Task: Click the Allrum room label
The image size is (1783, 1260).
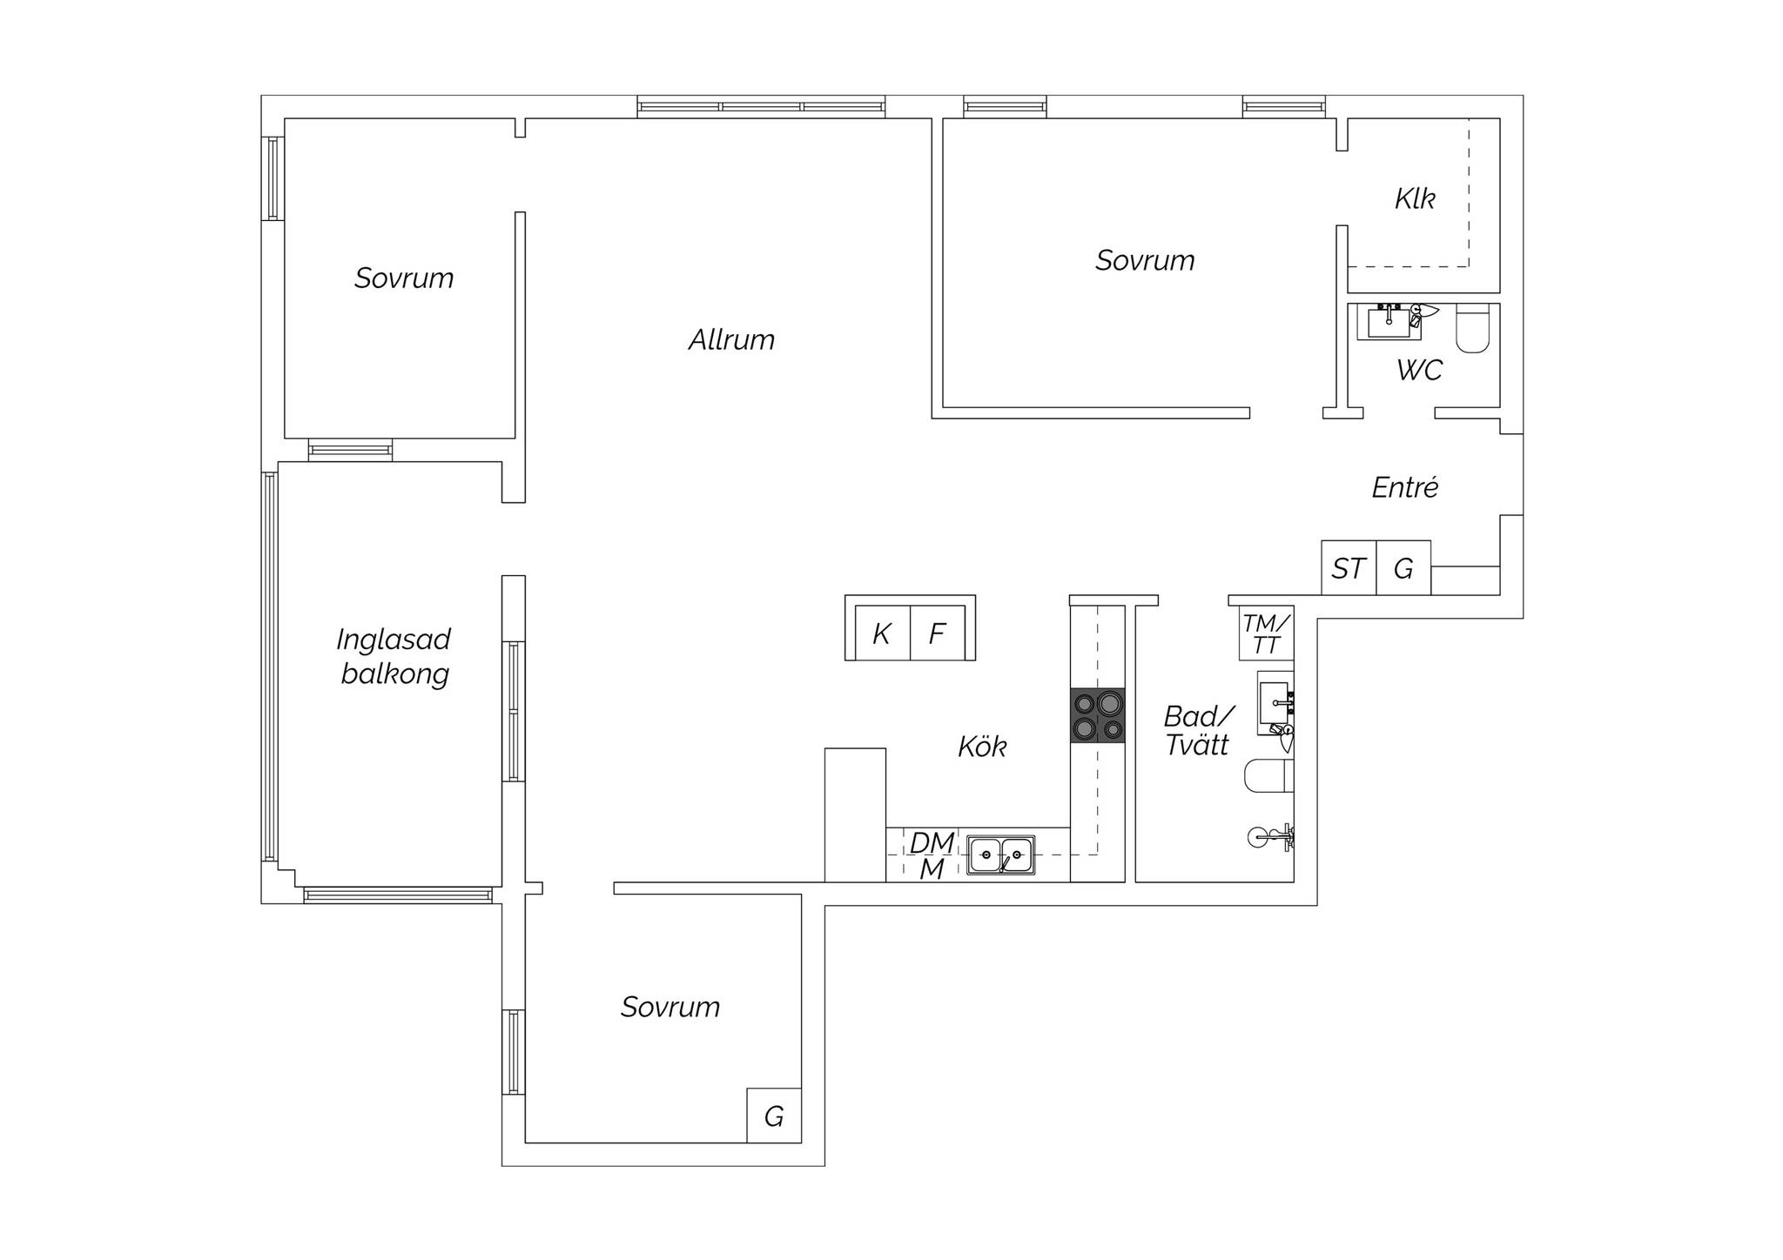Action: (x=731, y=339)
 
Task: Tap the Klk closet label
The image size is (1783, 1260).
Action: (x=1415, y=198)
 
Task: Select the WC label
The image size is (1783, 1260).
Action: (x=1419, y=370)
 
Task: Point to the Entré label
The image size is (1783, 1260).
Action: (x=1404, y=486)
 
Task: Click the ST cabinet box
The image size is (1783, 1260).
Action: (x=1349, y=568)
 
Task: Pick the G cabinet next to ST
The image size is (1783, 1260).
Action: (x=1403, y=568)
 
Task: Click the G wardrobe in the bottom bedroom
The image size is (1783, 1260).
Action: (x=774, y=1116)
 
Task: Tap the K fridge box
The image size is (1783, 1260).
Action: (x=882, y=633)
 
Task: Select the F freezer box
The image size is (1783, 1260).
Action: (x=938, y=633)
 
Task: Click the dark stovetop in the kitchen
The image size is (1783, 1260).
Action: (x=1098, y=715)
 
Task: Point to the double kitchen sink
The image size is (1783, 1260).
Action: (x=1001, y=855)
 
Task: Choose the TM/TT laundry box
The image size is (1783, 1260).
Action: (x=1267, y=633)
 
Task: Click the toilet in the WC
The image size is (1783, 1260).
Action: (x=1473, y=329)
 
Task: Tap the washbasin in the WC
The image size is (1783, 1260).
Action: (x=1389, y=322)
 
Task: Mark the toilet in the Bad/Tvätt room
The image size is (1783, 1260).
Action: (x=1269, y=775)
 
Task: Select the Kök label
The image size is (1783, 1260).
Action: (x=982, y=747)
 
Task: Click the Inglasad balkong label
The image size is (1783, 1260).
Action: (x=394, y=657)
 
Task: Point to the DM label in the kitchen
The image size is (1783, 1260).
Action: (x=932, y=842)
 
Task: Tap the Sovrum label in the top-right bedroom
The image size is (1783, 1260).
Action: (x=1145, y=260)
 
